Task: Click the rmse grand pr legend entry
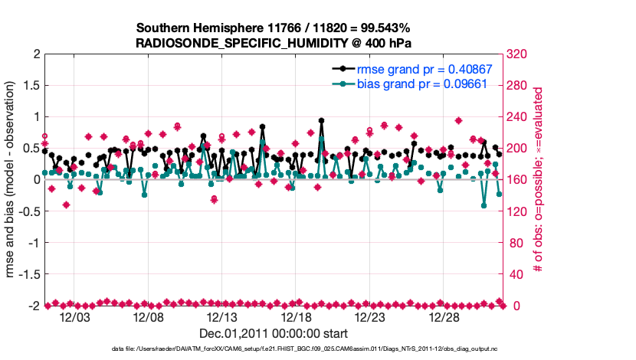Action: [x=425, y=69]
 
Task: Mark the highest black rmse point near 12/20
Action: [x=321, y=120]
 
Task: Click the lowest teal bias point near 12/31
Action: [x=484, y=205]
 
